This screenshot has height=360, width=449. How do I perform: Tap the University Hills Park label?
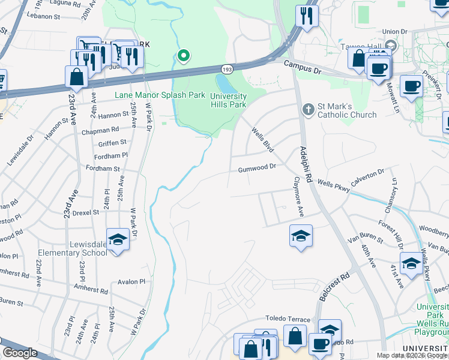click(x=228, y=100)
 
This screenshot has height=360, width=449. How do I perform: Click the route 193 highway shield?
click(x=226, y=70)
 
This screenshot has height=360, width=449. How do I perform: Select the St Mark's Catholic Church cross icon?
click(x=308, y=109)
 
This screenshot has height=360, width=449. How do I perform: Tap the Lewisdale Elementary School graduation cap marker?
click(x=118, y=240)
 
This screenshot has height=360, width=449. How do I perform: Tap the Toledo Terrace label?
click(x=288, y=319)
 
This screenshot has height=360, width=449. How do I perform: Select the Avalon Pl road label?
click(x=131, y=281)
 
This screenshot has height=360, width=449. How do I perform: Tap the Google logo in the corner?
click(x=20, y=353)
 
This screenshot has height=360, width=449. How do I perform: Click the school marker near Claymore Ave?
click(x=301, y=235)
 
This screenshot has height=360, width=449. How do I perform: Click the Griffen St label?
click(x=113, y=143)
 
